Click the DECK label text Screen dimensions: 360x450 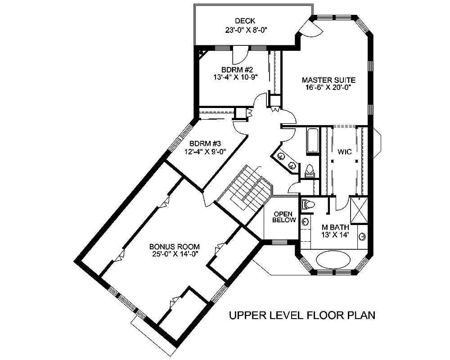(x=245, y=21)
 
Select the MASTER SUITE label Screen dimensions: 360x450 (x=328, y=80)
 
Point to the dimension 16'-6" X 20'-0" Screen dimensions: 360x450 (x=328, y=88)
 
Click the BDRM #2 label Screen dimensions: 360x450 (x=238, y=69)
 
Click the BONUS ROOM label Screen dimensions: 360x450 (x=175, y=247)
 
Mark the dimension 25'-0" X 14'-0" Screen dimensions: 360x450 (x=175, y=254)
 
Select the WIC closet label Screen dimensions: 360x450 (x=345, y=152)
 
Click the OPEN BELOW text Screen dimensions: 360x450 (x=284, y=217)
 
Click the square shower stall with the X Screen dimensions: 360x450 (x=360, y=211)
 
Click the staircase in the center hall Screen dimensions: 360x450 (x=245, y=189)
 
